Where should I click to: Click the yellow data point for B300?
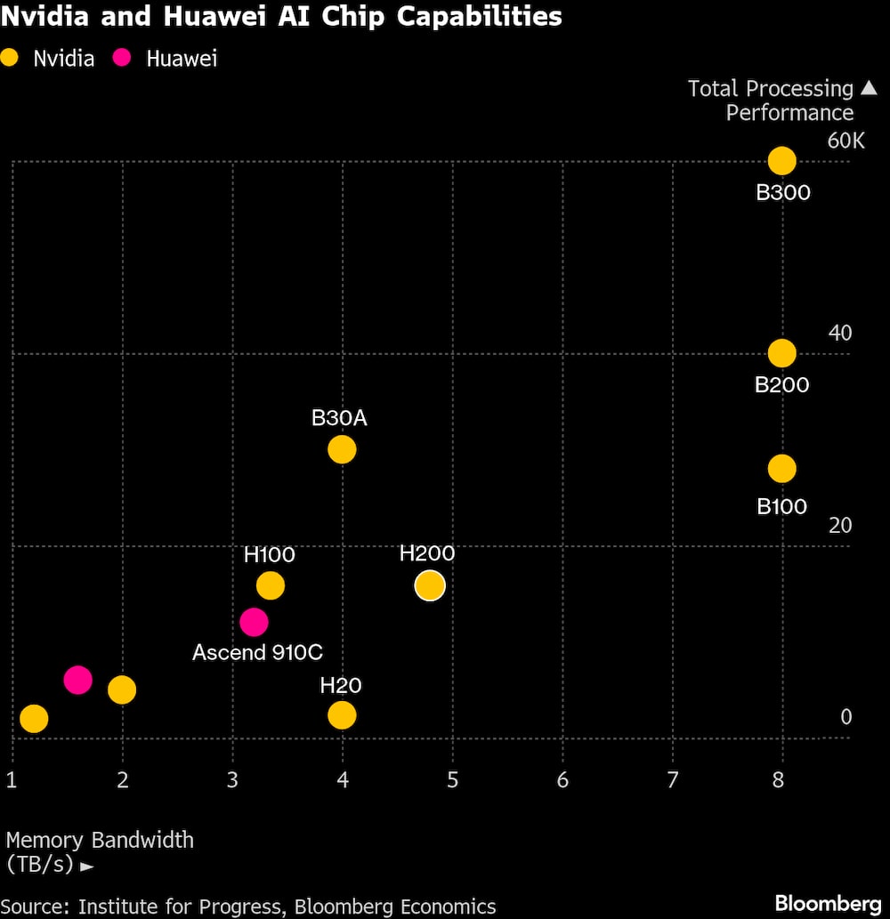[781, 161]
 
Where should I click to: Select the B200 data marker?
[781, 353]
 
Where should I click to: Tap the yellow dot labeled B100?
[781, 468]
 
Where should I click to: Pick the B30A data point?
[342, 449]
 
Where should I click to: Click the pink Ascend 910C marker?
[254, 621]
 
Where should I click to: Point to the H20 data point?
[342, 714]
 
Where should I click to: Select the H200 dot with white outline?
[430, 585]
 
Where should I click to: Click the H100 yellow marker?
[270, 585]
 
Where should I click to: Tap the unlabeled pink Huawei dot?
[78, 680]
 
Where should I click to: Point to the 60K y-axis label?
[845, 141]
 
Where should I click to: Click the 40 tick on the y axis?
[840, 333]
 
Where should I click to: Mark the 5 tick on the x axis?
[452, 780]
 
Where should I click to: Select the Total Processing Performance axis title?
[771, 101]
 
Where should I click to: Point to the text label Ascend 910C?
[257, 652]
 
